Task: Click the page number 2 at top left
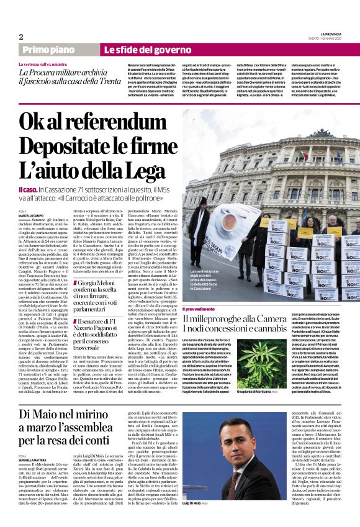pyautogui.click(x=21, y=37)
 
